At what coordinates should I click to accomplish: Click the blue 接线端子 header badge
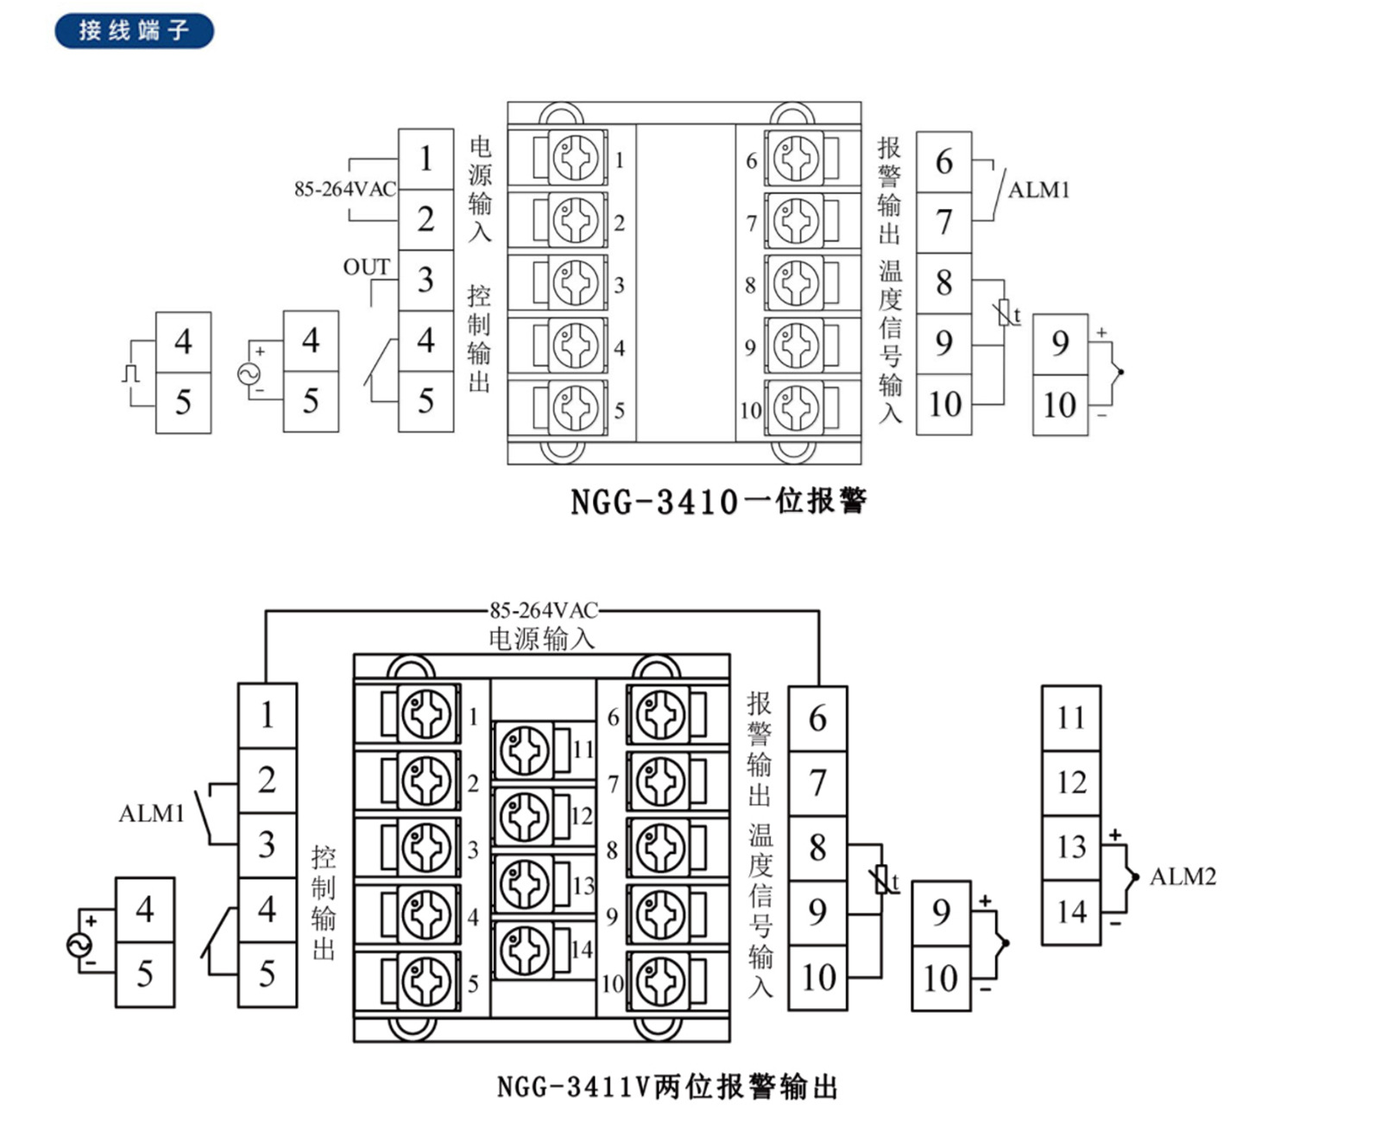click(x=134, y=31)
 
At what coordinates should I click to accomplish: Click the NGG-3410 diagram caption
click(x=718, y=501)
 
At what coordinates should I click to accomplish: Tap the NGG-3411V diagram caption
click(x=667, y=1086)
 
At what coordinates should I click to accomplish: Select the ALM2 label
click(x=1182, y=877)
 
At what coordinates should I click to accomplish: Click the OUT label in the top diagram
click(x=366, y=268)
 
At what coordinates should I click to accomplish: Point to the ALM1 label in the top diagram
click(x=1038, y=190)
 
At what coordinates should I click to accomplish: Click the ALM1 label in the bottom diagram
click(x=152, y=813)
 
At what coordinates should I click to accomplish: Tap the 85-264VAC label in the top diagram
click(x=344, y=189)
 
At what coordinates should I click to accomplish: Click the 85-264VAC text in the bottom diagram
click(x=543, y=610)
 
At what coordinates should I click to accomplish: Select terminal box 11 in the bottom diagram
click(x=1070, y=717)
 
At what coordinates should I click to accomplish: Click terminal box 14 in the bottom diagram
click(x=1070, y=912)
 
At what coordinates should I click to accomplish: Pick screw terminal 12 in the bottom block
click(x=525, y=815)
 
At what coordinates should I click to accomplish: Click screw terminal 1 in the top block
click(x=576, y=159)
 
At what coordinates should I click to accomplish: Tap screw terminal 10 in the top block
click(x=796, y=407)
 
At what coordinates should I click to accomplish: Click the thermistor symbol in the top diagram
click(x=1005, y=313)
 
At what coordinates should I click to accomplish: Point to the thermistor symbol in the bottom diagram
click(x=881, y=879)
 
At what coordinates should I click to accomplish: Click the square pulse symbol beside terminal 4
click(x=131, y=374)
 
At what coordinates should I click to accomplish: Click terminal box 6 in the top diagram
click(x=943, y=161)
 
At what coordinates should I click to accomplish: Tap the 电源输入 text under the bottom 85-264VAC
click(x=541, y=639)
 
